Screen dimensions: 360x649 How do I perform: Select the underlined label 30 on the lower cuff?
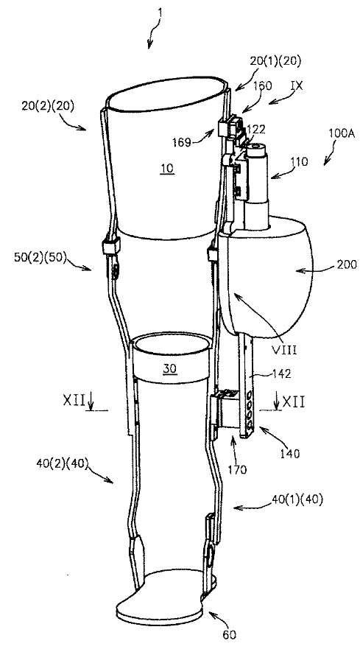click(169, 368)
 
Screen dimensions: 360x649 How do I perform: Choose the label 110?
click(299, 161)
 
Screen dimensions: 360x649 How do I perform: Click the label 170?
click(237, 469)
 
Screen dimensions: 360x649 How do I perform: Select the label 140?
click(289, 454)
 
